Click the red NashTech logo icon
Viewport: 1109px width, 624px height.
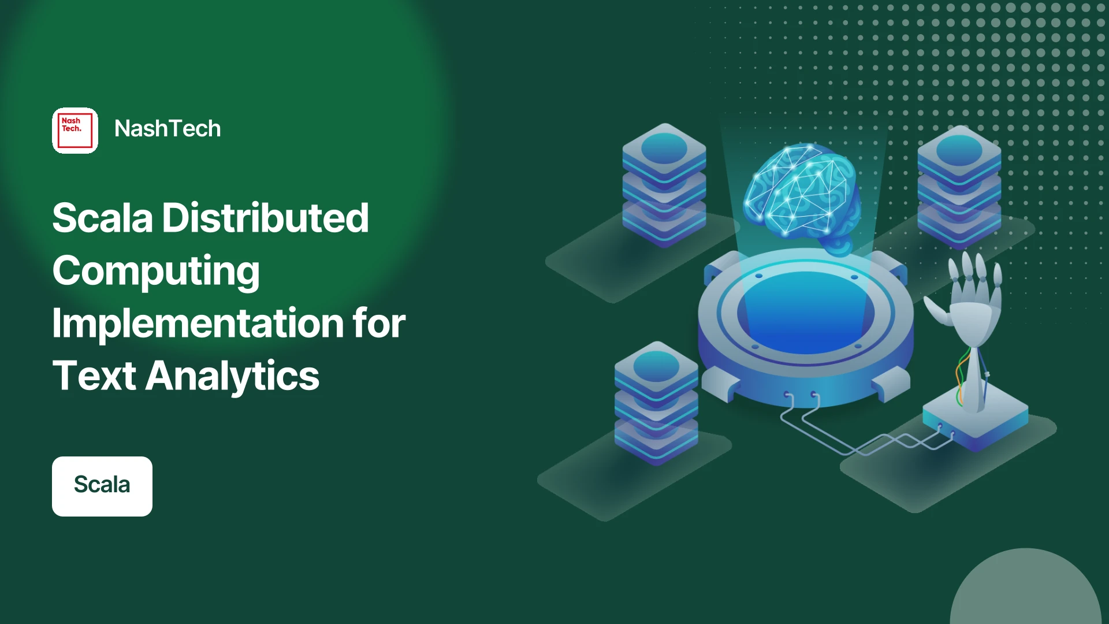pos(75,131)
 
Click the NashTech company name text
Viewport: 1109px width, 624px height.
pos(168,129)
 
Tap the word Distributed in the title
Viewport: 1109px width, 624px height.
pos(265,218)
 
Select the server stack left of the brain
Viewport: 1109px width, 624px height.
pos(664,185)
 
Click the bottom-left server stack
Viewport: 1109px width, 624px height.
pos(656,403)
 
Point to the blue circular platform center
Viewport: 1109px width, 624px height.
pos(806,312)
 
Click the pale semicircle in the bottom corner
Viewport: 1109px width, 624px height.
pos(1026,586)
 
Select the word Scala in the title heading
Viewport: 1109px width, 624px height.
pos(103,218)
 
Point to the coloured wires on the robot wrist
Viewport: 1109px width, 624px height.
pos(962,376)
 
